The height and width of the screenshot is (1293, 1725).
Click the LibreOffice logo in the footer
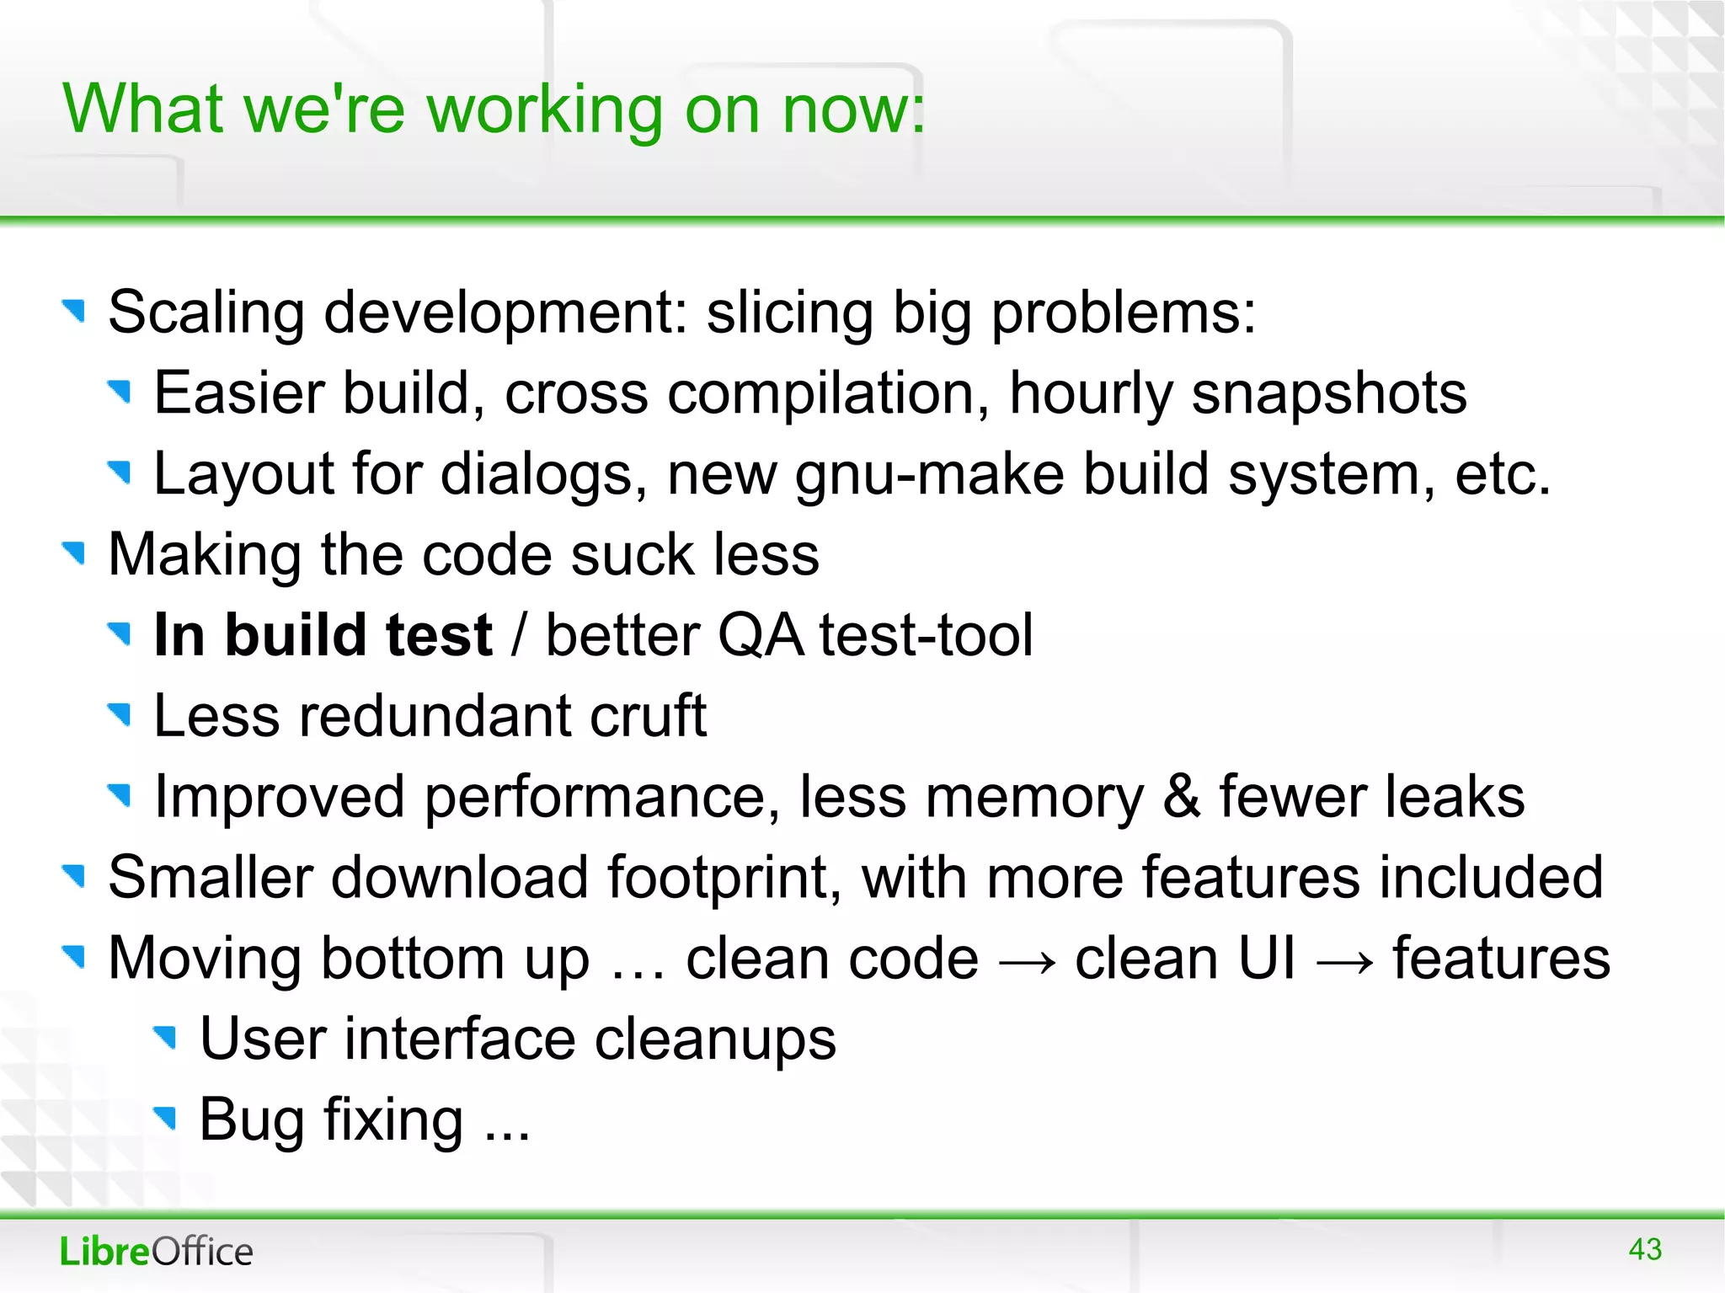(156, 1252)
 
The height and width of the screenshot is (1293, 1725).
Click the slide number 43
(1644, 1249)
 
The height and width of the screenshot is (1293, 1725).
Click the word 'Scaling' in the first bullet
(206, 313)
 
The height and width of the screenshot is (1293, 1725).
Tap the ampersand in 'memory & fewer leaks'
(1181, 797)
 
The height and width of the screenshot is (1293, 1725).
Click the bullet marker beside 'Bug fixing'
(166, 1118)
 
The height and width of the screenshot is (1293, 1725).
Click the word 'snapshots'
(1328, 393)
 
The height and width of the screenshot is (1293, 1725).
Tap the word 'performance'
(601, 797)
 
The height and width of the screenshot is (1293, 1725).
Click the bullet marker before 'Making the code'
(75, 553)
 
